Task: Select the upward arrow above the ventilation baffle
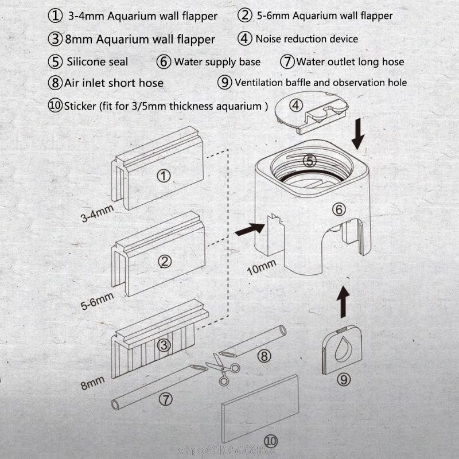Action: (x=343, y=302)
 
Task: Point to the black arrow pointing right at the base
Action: (x=250, y=230)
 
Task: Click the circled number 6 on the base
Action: (x=339, y=209)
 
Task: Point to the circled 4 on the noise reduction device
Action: (x=296, y=106)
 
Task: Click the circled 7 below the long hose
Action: (x=164, y=397)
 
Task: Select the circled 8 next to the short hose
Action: (x=263, y=356)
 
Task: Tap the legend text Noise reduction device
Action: (x=306, y=39)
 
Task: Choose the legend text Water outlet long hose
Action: (x=350, y=61)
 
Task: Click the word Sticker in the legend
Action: (x=81, y=106)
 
